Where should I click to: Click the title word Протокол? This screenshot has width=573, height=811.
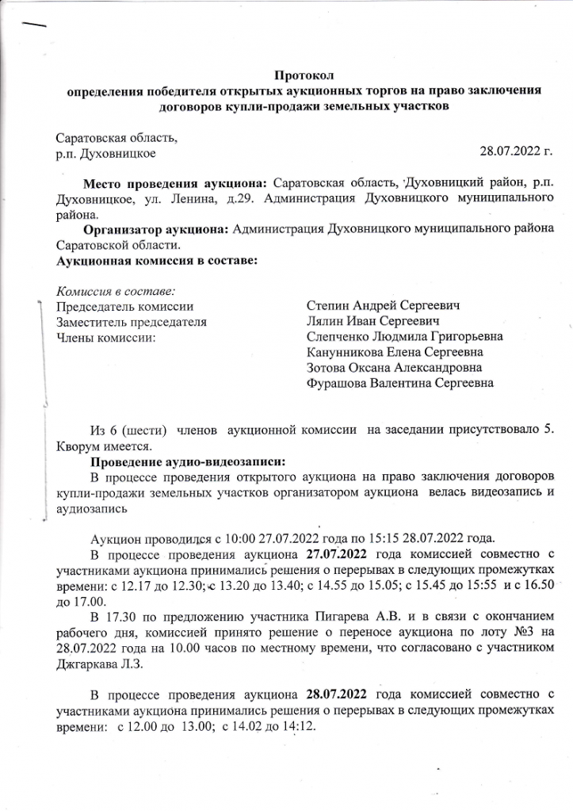point(304,76)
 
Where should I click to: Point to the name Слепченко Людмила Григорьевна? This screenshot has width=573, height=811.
point(404,337)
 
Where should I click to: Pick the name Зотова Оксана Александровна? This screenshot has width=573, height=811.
point(394,368)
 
